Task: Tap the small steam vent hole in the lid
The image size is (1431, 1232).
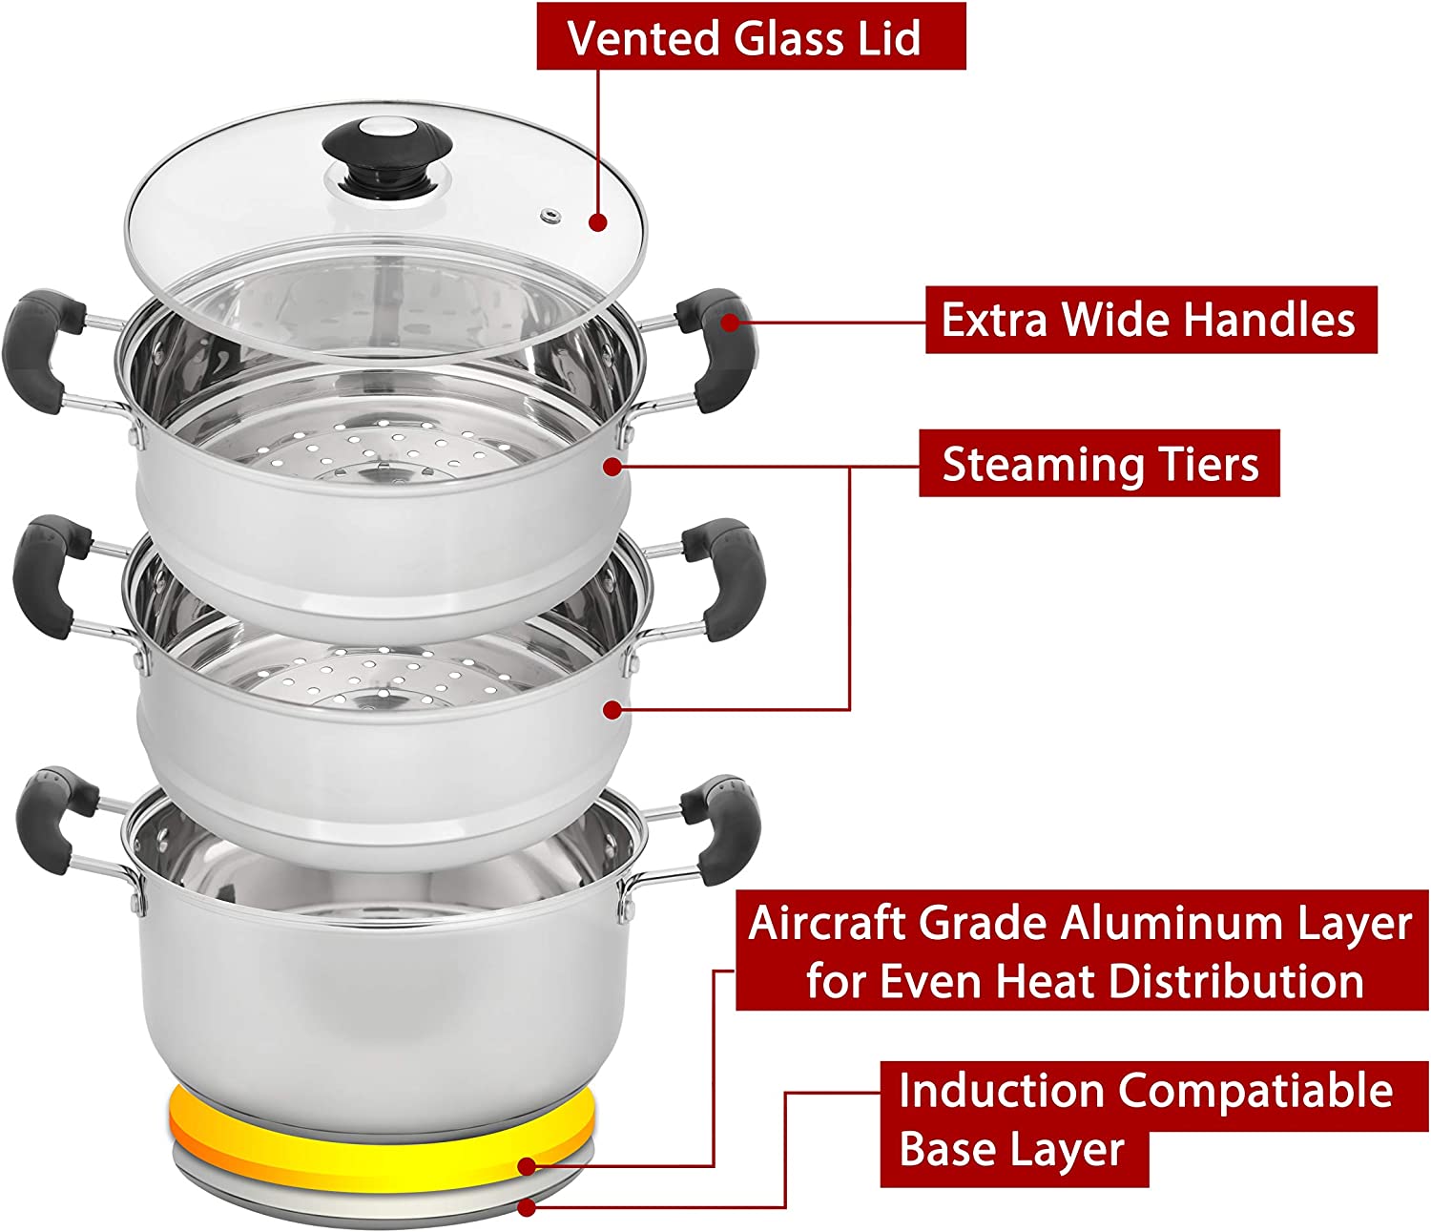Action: coord(551,216)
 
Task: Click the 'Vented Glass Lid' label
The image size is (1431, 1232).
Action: coord(751,36)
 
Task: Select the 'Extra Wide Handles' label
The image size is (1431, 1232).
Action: coord(1151,320)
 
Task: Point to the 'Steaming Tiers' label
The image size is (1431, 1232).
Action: coord(1099,463)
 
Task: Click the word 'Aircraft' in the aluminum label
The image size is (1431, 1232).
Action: coord(827,924)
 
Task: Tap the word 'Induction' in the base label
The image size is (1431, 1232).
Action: coord(1001,1091)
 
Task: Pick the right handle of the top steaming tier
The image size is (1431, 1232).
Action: coord(716,349)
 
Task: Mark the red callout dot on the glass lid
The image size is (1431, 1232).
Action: coord(598,222)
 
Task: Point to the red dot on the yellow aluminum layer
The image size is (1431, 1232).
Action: coord(527,1167)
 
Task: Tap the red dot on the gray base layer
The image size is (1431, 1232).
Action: coord(527,1208)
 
